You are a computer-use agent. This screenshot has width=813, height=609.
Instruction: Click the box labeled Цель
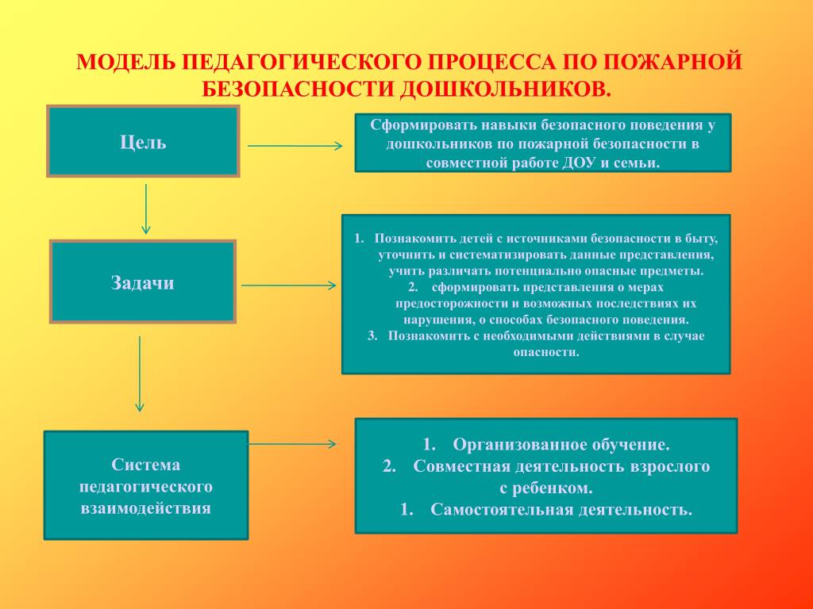coord(143,141)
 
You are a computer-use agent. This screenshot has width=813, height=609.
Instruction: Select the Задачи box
coord(143,282)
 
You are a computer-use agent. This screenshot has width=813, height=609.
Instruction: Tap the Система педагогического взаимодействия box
coord(145,485)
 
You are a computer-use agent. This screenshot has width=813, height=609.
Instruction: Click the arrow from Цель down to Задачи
coord(146,209)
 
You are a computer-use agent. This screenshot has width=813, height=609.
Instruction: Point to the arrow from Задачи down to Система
coord(140,373)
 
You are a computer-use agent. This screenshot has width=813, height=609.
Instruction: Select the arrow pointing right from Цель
coord(295,146)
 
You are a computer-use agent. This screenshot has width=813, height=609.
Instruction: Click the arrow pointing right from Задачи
coord(289,285)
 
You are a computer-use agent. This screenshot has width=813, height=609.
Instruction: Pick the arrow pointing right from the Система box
coord(294,444)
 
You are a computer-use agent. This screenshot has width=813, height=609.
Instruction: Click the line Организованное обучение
coord(561,444)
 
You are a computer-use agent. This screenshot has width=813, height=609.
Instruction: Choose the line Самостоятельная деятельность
coord(561,509)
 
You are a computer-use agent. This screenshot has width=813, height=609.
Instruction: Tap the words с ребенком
coord(546,488)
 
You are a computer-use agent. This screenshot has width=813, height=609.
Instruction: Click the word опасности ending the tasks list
coord(546,351)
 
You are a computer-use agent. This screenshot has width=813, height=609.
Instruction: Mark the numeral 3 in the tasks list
coord(372,335)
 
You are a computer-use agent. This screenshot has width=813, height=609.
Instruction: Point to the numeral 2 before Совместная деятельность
coord(388,466)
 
